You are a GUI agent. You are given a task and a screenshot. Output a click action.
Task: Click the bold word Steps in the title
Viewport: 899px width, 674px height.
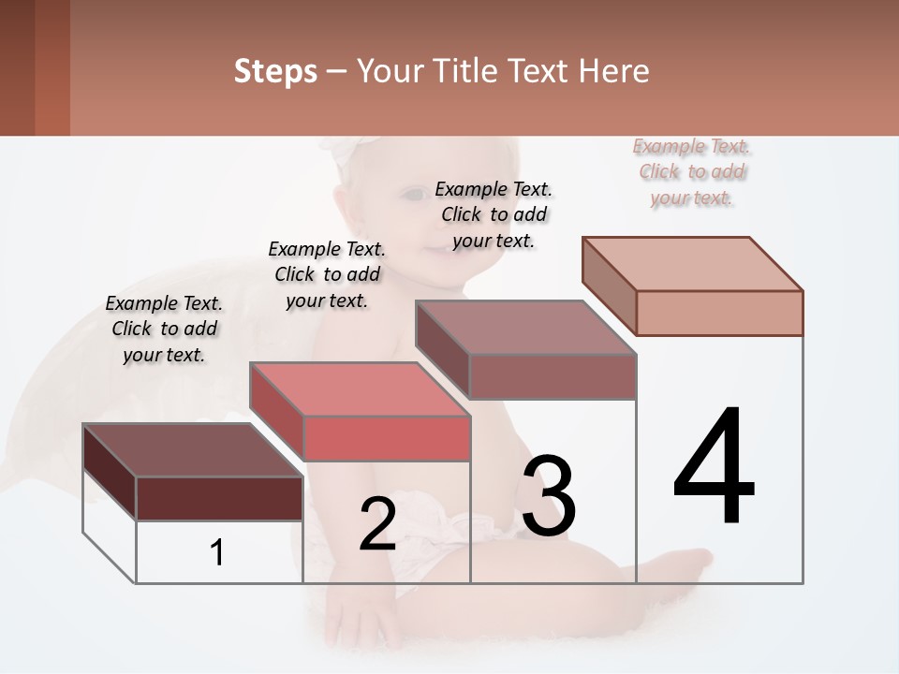pos(275,71)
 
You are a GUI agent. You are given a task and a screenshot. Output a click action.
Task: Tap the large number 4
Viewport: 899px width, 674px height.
pos(714,468)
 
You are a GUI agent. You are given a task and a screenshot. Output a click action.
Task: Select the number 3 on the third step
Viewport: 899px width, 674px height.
pos(549,496)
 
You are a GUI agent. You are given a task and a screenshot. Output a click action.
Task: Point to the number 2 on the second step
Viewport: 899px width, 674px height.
pos(377,525)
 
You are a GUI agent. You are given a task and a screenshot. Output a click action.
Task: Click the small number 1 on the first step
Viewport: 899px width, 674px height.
pos(216,552)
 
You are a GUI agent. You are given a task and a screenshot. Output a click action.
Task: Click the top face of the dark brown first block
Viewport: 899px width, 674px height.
pos(192,450)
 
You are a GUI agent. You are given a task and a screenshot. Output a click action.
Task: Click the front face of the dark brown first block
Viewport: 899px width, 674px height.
pos(219,498)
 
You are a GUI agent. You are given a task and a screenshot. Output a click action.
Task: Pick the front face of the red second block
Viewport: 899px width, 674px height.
pos(386,438)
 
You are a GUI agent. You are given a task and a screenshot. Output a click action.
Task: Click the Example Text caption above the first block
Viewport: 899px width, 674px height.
pos(164,329)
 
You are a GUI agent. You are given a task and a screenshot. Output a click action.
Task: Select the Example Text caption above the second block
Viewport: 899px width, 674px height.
pos(327,274)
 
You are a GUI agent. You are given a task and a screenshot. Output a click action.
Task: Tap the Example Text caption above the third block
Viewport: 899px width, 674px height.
pos(494,214)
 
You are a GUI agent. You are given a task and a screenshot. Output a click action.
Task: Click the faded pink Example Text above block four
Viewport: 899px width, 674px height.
pos(692,171)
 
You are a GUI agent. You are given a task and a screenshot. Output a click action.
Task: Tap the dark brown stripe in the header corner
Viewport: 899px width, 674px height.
pos(17,67)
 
